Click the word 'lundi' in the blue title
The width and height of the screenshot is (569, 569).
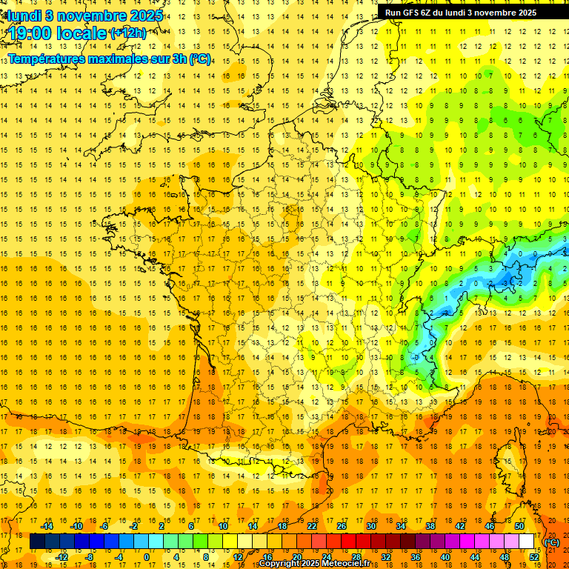pyautogui.click(x=24, y=15)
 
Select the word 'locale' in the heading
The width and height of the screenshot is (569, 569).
pyautogui.click(x=81, y=33)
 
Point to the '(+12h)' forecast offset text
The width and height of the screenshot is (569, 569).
pyautogui.click(x=127, y=33)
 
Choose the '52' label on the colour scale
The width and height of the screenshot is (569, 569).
pyautogui.click(x=534, y=556)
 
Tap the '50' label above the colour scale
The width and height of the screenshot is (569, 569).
pyautogui.click(x=519, y=526)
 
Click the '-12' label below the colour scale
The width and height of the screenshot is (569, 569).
pyautogui.click(x=61, y=556)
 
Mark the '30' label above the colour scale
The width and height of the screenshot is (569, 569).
pyautogui.click(x=370, y=526)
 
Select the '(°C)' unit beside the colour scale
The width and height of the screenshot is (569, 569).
pyautogui.click(x=552, y=542)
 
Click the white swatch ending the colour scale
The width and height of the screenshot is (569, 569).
pyautogui.click(x=527, y=542)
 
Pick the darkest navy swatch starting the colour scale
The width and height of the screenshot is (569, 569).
pyautogui.click(x=37, y=542)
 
